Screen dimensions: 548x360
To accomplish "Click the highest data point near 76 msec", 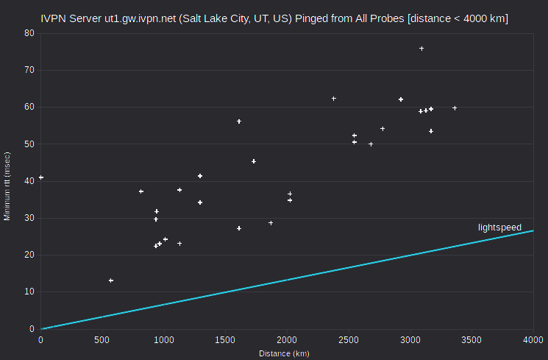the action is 421,49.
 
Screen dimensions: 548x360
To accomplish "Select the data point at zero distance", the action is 41,177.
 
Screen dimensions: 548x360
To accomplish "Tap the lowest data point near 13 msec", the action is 111,280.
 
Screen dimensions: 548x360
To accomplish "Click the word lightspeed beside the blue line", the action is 499,227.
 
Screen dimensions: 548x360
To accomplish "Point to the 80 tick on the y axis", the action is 29,33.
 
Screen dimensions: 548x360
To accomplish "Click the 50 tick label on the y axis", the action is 29,144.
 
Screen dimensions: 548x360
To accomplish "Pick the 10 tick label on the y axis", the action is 29,292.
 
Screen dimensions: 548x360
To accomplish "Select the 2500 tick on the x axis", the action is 349,339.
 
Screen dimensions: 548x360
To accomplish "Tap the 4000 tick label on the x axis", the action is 533,339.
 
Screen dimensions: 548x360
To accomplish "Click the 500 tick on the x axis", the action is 102,339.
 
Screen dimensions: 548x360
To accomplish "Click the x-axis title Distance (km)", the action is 284,353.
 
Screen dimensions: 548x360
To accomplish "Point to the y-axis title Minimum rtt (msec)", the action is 7,186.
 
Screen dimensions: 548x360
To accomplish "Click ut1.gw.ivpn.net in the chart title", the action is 140,18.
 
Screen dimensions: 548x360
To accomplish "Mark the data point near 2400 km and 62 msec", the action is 334,99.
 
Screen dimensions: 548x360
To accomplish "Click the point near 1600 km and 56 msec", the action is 239,121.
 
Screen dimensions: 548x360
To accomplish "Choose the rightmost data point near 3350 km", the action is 455,108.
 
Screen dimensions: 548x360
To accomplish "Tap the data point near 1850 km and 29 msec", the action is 271,223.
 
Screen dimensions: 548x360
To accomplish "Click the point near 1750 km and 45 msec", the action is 254,161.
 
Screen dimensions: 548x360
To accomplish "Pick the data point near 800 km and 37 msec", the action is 141,191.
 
